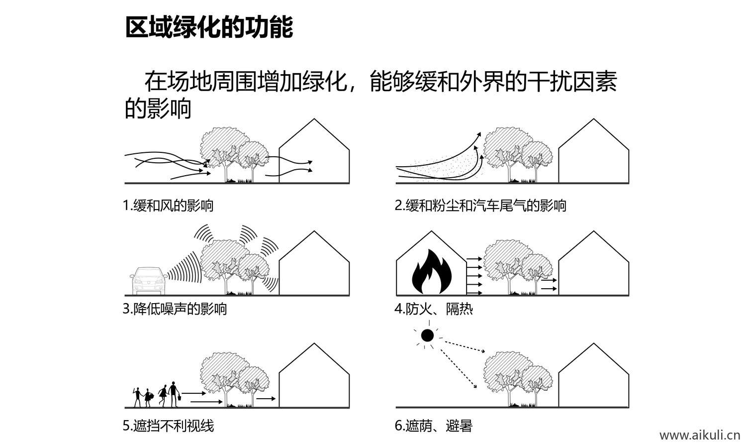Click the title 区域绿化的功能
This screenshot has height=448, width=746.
pos(209,27)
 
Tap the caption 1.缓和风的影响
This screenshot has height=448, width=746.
pos(168,205)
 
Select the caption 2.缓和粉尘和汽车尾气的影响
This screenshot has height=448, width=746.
pos(480,205)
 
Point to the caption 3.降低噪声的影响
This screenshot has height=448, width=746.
pos(175,309)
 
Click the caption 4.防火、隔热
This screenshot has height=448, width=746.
pos(434,309)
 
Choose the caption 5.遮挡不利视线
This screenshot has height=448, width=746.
pos(168,426)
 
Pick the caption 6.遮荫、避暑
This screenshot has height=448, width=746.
pos(433,426)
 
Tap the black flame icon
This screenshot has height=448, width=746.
pos(431,273)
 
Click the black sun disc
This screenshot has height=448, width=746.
pos(427,336)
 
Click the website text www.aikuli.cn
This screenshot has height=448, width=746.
pos(700,436)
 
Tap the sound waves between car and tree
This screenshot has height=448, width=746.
pos(184,269)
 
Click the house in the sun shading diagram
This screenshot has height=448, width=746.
pos(593,378)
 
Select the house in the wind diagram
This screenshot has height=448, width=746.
pos(314,154)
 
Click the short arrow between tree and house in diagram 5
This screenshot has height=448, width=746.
pos(266,399)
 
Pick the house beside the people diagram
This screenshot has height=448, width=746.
pos(314,378)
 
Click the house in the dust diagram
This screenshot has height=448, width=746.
pos(593,154)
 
